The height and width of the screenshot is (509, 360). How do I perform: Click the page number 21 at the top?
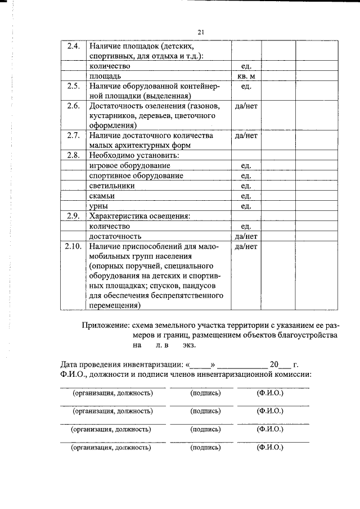(201, 33)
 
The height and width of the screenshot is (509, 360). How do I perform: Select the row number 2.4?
(73, 46)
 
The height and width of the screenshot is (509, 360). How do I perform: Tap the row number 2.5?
(73, 86)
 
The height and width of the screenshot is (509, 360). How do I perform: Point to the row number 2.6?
(73, 106)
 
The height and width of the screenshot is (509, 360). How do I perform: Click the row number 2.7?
(73, 136)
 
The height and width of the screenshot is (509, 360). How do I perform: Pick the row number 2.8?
(73, 155)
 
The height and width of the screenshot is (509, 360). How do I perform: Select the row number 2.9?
(73, 215)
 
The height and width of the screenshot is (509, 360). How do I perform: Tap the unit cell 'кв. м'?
(245, 75)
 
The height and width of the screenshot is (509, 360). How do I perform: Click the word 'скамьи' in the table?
(102, 196)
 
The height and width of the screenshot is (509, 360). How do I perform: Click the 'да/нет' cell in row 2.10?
(245, 246)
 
